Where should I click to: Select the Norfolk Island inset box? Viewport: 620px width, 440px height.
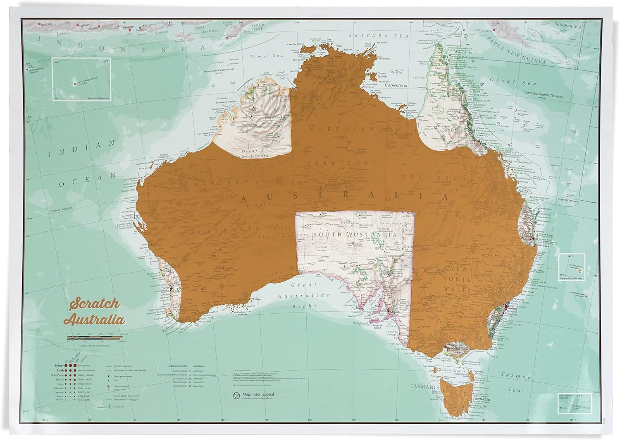[570, 267]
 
